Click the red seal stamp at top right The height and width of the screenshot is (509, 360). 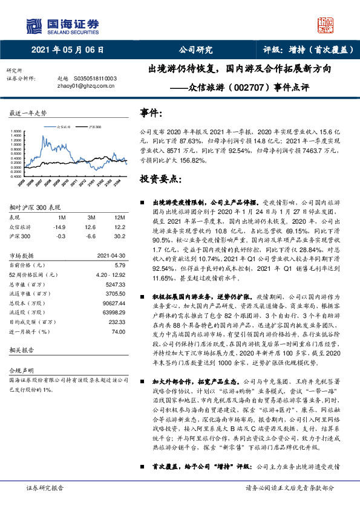[x=326, y=24]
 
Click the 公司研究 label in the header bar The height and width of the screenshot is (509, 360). [x=195, y=50]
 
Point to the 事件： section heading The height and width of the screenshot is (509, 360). [x=151, y=113]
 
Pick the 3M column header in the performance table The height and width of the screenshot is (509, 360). [x=91, y=217]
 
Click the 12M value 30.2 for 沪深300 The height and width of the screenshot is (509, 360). [x=119, y=235]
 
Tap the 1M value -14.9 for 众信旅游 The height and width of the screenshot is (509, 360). [x=59, y=226]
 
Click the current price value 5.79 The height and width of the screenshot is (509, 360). [x=119, y=264]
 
